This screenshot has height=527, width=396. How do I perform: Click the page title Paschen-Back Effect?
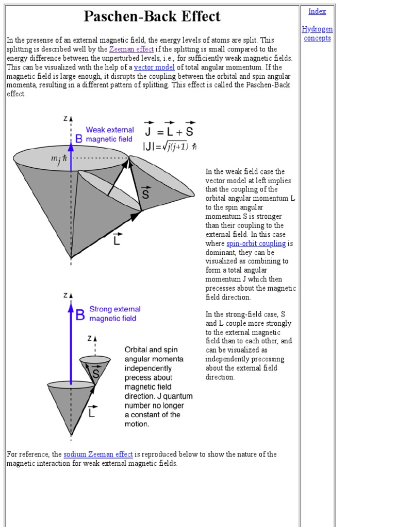(x=152, y=16)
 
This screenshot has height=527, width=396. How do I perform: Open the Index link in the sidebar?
(x=317, y=11)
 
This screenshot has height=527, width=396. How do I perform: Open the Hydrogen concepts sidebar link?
(x=317, y=33)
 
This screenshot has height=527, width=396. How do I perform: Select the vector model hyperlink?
(x=154, y=67)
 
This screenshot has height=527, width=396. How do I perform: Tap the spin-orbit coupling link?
(x=256, y=243)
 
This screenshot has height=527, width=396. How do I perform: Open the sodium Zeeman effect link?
(x=98, y=454)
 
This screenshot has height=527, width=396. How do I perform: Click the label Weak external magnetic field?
(x=109, y=134)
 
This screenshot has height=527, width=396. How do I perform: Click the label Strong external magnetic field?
(x=114, y=314)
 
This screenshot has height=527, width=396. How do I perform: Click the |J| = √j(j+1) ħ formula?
(x=170, y=146)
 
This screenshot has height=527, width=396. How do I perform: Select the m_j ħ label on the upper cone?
(x=58, y=160)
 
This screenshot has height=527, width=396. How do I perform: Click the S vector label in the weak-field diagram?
(x=146, y=194)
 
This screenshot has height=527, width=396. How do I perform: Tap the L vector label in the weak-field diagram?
(x=117, y=239)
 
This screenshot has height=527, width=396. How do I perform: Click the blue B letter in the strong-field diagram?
(x=80, y=315)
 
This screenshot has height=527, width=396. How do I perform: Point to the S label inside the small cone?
(x=95, y=373)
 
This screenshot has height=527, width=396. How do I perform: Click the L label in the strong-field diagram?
(x=91, y=412)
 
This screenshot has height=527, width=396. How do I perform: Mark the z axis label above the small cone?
(x=90, y=338)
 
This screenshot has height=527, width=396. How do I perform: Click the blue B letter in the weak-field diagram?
(x=78, y=138)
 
